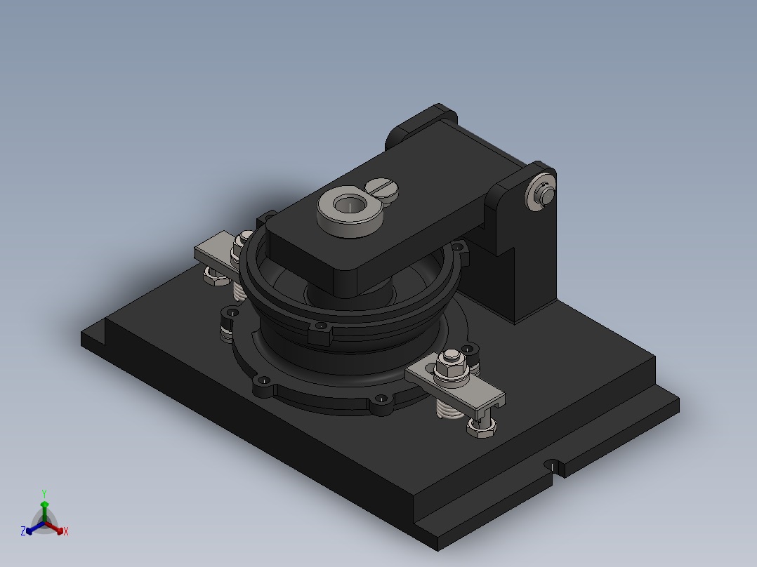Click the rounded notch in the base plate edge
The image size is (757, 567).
click(x=553, y=467)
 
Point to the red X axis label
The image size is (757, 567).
click(x=66, y=532)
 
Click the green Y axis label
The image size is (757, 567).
click(x=44, y=493)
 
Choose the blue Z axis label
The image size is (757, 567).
click(x=22, y=532)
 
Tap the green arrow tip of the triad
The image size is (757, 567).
click(x=44, y=504)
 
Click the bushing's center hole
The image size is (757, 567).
click(x=348, y=205)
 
